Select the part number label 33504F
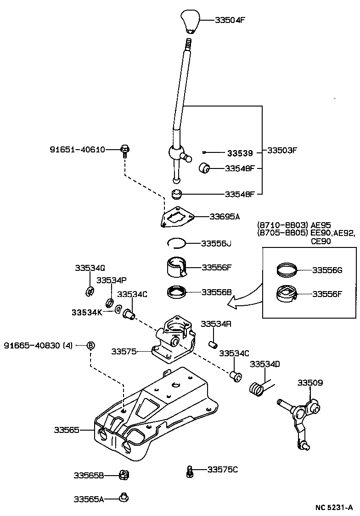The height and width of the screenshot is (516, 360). coord(230,20)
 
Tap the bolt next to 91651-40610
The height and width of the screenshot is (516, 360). coord(124,150)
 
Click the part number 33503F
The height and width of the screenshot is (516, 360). coord(282,150)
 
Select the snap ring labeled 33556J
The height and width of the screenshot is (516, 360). coord(175,243)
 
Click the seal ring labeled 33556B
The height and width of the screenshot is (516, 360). coord(176,292)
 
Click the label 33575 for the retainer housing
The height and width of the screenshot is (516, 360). coord(124,351)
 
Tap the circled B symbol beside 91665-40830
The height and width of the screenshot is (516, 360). coord(90,345)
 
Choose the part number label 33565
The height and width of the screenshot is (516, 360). coord(67,430)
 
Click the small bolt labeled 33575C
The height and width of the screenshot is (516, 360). coord(189,471)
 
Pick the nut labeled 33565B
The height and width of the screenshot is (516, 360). coord(123,475)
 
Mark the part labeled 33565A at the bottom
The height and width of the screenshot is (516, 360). coord(123,497)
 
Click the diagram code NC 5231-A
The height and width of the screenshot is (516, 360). coord(334,507)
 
